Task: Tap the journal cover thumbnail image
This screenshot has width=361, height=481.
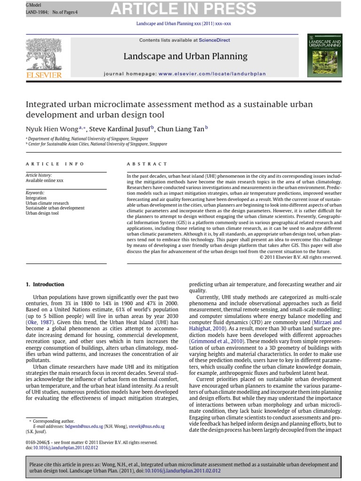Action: click(x=324, y=55)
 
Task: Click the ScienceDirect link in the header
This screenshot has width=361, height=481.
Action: click(x=214, y=40)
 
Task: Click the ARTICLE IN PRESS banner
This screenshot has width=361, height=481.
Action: click(x=183, y=8)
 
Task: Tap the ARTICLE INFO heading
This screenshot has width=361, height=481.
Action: click(x=55, y=164)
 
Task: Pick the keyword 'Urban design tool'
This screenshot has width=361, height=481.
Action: click(x=42, y=213)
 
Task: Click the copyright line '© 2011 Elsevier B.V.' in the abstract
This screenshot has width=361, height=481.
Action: click(x=300, y=257)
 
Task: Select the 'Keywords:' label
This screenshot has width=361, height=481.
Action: click(x=35, y=193)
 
